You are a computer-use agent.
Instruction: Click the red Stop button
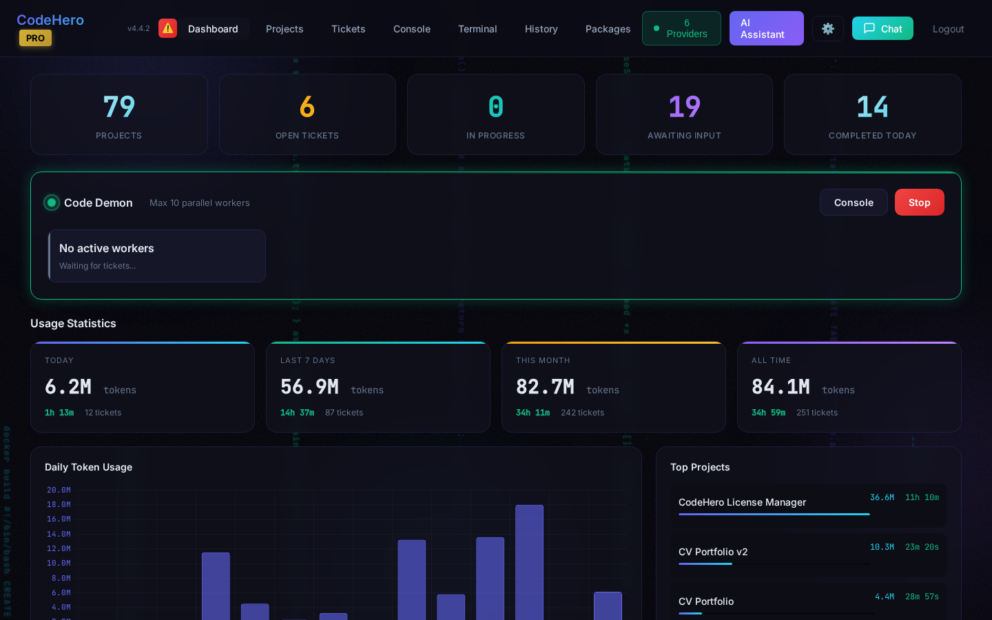click(x=919, y=203)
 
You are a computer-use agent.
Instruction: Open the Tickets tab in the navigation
click(x=348, y=29)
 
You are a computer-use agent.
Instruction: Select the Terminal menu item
click(x=477, y=29)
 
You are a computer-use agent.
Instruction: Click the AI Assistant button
click(x=766, y=28)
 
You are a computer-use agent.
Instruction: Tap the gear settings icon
click(x=827, y=29)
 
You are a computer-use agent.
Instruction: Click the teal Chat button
click(x=882, y=29)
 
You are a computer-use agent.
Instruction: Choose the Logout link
click(x=948, y=29)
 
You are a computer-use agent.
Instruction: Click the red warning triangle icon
click(x=167, y=28)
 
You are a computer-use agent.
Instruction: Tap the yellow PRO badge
click(x=35, y=39)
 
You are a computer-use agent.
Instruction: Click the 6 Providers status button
click(x=681, y=28)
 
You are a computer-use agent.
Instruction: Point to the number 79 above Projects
click(x=118, y=107)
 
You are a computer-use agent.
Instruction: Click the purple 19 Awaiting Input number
click(x=684, y=107)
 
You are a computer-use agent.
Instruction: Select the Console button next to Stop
click(x=853, y=203)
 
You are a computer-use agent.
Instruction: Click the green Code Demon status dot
click(x=52, y=203)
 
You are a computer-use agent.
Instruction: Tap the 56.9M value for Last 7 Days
click(x=309, y=387)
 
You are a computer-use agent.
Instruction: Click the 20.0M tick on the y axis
click(x=59, y=490)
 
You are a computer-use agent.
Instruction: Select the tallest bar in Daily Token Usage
click(x=529, y=561)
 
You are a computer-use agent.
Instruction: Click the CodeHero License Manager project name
click(x=742, y=502)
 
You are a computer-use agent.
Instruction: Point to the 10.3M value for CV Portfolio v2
click(x=882, y=547)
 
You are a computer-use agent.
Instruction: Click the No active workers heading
click(x=107, y=248)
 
